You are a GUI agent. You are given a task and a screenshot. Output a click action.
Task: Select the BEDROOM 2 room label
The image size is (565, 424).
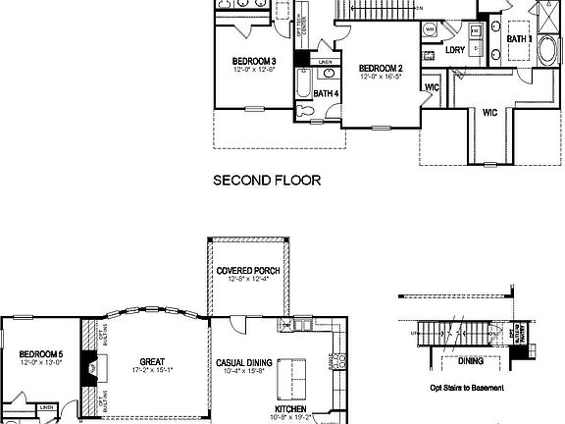point(382,68)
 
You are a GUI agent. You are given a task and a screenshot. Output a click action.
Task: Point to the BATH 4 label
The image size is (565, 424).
point(326,93)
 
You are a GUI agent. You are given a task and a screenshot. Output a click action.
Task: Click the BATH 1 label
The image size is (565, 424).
point(519,39)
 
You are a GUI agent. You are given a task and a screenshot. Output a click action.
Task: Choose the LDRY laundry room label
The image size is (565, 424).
point(455,49)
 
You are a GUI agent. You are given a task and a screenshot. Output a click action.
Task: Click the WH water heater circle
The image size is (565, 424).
point(430,30)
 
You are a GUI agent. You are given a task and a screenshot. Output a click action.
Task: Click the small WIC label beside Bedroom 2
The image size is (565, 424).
point(431,86)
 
